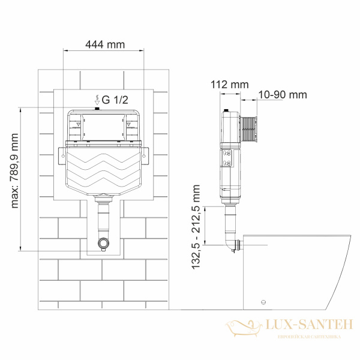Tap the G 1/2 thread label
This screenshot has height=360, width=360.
click(114, 100)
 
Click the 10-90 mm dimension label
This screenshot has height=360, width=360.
click(282, 95)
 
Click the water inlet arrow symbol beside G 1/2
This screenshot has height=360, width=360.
click(97, 99)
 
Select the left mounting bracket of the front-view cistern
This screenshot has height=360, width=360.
click(61, 155)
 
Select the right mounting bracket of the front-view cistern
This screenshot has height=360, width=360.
click(145, 155)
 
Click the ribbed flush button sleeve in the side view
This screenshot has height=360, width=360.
click(247, 127)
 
